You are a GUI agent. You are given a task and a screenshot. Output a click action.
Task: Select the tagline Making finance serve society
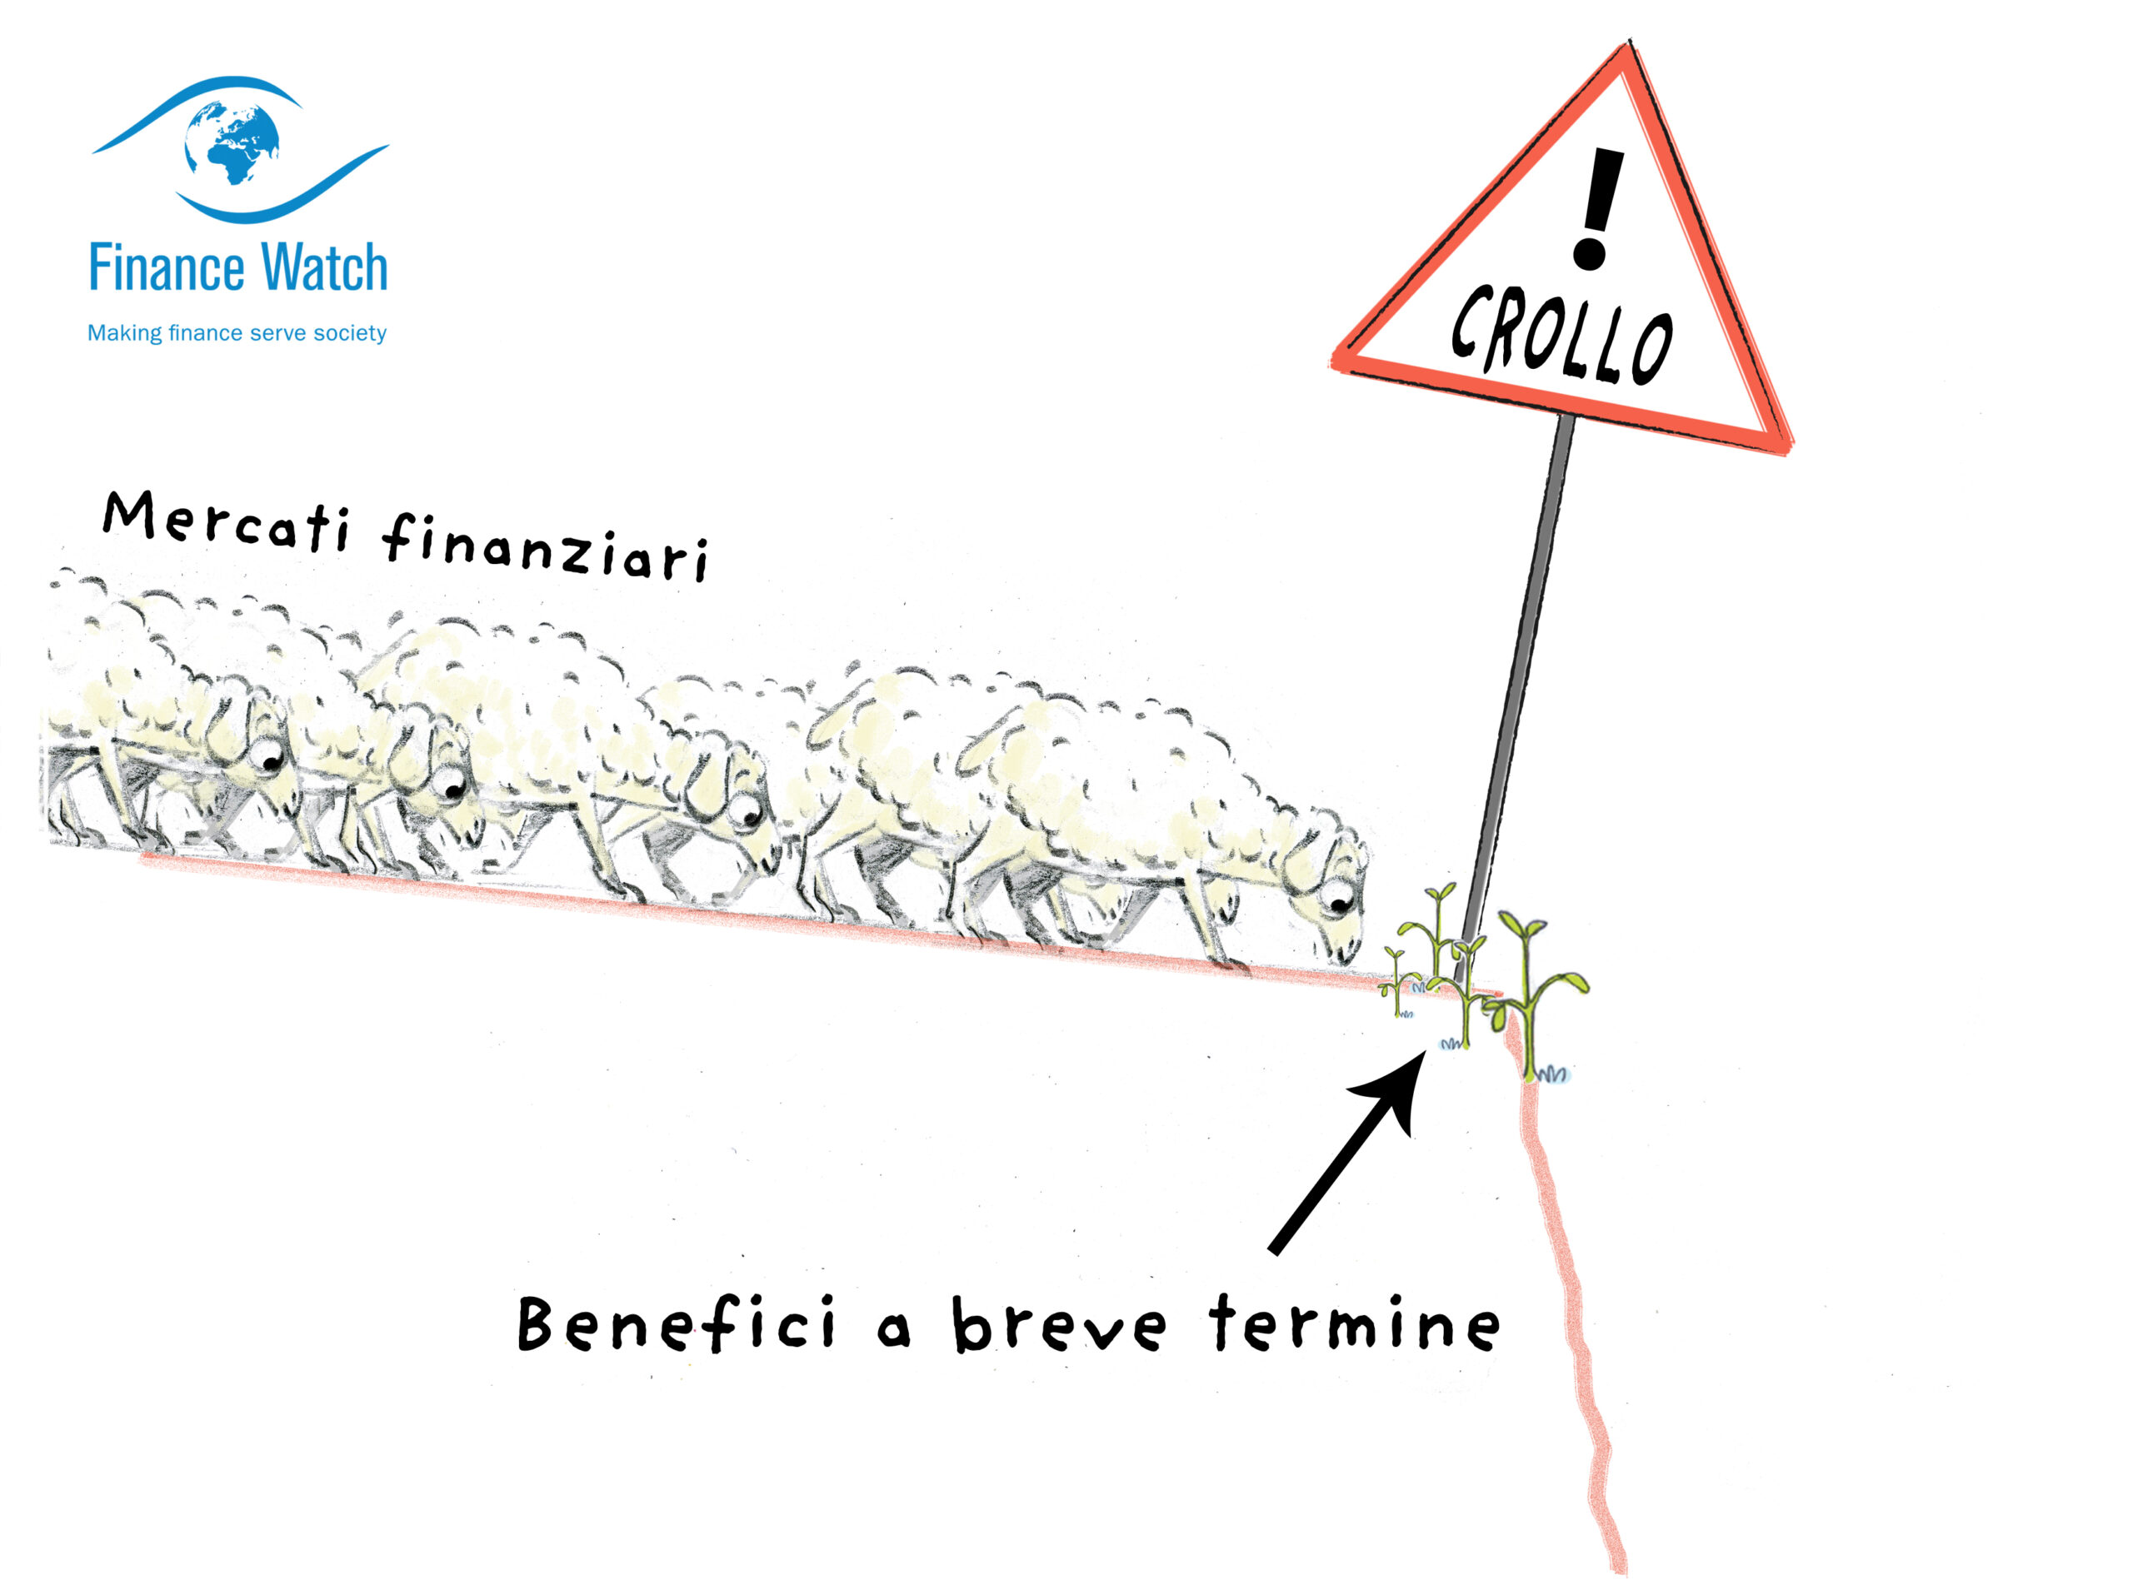[237, 333]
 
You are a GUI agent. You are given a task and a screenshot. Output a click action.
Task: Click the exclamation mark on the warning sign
[1596, 208]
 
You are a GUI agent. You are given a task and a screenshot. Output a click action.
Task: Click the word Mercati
[226, 521]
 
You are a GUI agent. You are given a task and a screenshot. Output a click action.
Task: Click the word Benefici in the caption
[675, 1323]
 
